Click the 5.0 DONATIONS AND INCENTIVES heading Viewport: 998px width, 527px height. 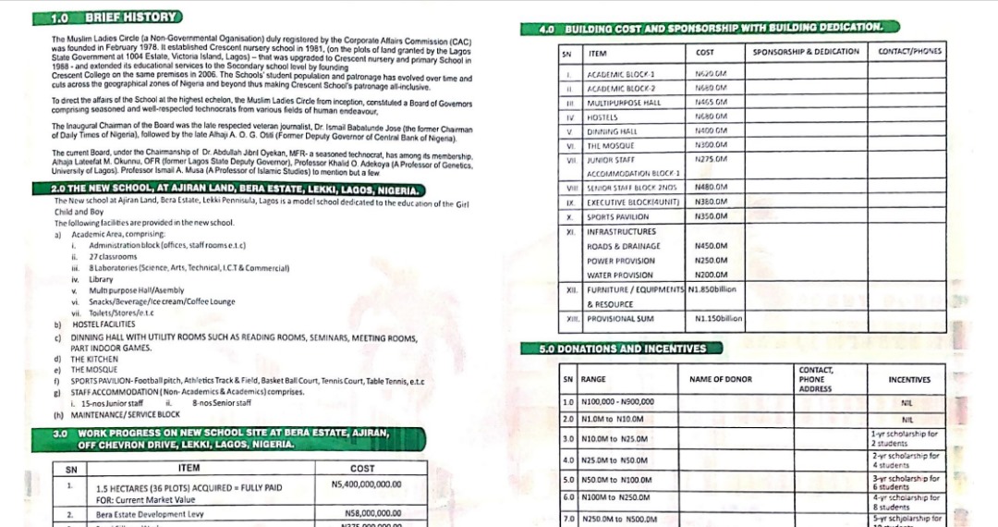[x=623, y=349]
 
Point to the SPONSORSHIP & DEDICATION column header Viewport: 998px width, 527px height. [x=806, y=53]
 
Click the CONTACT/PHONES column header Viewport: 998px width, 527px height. [x=910, y=53]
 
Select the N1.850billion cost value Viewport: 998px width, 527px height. [x=715, y=289]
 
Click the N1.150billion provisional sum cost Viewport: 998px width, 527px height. [x=718, y=319]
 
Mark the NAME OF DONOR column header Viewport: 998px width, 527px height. [x=721, y=379]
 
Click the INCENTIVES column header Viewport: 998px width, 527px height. [x=909, y=379]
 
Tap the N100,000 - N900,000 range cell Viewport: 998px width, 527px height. [x=618, y=402]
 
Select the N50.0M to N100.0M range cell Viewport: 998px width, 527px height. [x=616, y=480]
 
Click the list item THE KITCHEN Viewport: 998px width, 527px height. [x=102, y=359]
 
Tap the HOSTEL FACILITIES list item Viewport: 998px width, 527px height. [x=103, y=325]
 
